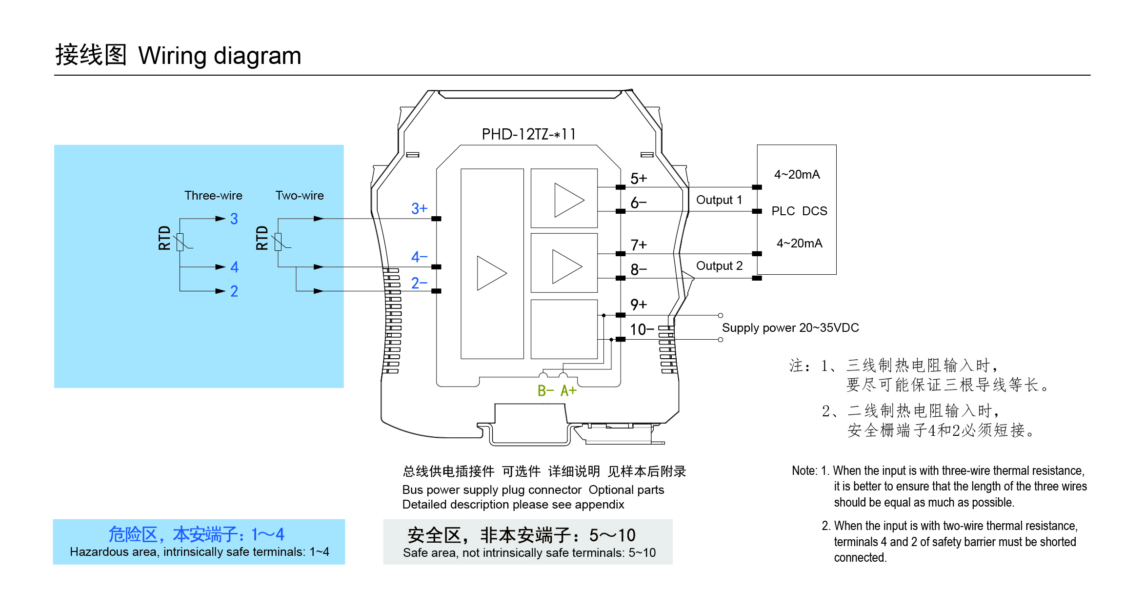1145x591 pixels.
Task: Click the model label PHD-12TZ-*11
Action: tap(529, 134)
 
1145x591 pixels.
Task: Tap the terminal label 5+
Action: tap(638, 179)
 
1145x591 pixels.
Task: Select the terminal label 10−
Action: tap(642, 330)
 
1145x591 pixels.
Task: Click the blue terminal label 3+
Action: tap(419, 209)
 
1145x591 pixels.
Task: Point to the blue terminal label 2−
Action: tap(419, 283)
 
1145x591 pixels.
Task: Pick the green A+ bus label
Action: tap(568, 391)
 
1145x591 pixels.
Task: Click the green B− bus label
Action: tap(546, 391)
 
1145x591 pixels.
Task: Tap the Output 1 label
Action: tap(719, 200)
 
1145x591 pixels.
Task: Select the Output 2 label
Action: tap(719, 266)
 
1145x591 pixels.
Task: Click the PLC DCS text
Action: tap(799, 211)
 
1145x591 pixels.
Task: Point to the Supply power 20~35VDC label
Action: tap(790, 328)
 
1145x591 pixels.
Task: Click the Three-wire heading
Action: tap(213, 196)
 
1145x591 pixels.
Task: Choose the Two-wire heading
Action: tap(300, 196)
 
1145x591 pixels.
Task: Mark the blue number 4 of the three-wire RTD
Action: tap(235, 267)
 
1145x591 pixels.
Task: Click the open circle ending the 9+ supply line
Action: tap(721, 316)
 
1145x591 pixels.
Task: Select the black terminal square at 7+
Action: tap(621, 254)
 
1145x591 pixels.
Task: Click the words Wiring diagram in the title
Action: tap(220, 56)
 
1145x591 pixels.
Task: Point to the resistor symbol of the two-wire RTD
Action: tap(278, 242)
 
